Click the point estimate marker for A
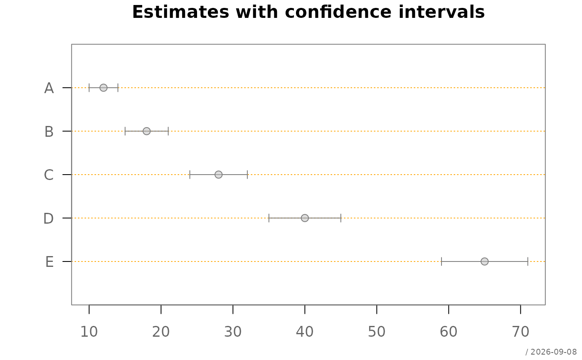[x=104, y=88]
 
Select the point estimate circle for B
[x=146, y=131]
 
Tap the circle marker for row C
[x=219, y=175]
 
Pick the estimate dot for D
[x=305, y=218]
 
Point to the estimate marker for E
[x=485, y=261]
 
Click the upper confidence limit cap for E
[x=528, y=261]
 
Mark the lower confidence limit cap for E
[x=441, y=261]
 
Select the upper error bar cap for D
[x=340, y=218]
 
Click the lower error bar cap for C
[x=190, y=175]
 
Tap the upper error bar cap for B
[x=168, y=131]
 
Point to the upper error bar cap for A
[x=118, y=88]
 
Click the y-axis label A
[x=49, y=88]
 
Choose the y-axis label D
[x=49, y=218]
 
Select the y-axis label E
[x=49, y=261]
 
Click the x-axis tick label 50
[x=377, y=332]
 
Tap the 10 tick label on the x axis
[x=89, y=332]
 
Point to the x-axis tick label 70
[x=520, y=332]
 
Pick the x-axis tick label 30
[x=233, y=332]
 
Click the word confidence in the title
[x=338, y=12]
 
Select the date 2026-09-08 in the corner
[x=553, y=352]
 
